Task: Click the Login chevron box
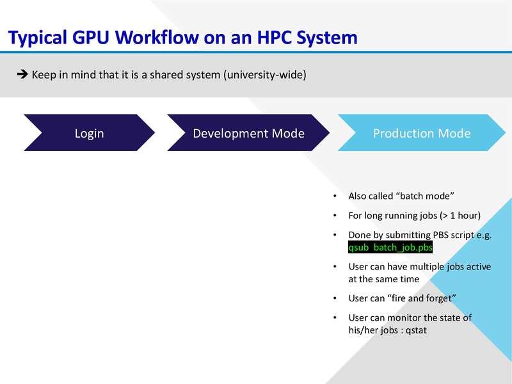89,133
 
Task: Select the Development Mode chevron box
248,133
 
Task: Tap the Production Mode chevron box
422,133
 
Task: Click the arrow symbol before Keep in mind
20,75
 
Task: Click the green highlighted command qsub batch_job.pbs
390,248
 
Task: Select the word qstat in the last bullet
415,330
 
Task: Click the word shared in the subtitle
167,75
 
